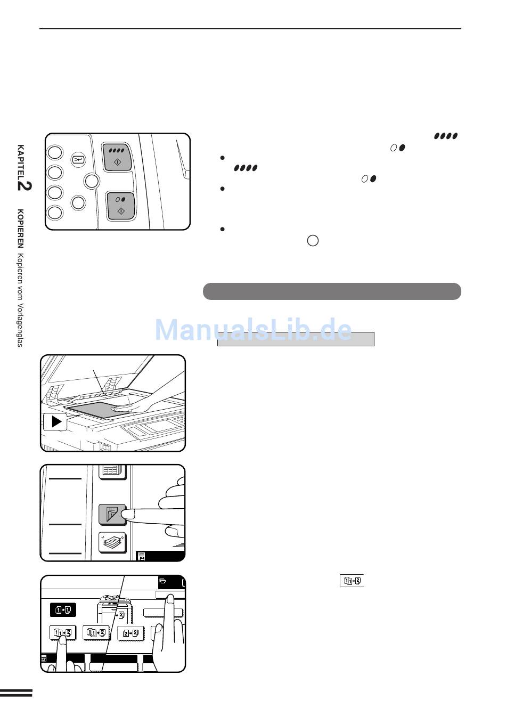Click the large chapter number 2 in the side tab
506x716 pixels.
(25, 186)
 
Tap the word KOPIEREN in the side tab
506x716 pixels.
(20, 229)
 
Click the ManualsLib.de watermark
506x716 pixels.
(253, 330)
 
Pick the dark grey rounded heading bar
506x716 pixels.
(332, 291)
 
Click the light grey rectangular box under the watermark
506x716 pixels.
(296, 339)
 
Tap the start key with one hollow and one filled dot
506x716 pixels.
(120, 206)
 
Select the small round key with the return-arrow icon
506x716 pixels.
(78, 159)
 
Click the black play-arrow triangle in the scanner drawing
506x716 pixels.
(56, 421)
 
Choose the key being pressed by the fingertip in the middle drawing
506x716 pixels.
(112, 514)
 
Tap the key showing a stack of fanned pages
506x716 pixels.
(112, 542)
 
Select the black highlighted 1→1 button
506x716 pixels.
(63, 610)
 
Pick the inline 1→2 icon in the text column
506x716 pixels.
(352, 581)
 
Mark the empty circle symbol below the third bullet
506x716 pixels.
(313, 241)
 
